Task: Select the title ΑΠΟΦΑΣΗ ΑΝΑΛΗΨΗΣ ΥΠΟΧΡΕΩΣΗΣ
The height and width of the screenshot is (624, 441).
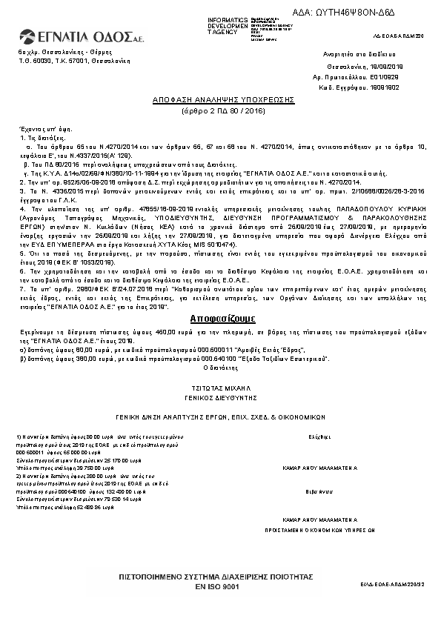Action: pyautogui.click(x=223, y=99)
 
